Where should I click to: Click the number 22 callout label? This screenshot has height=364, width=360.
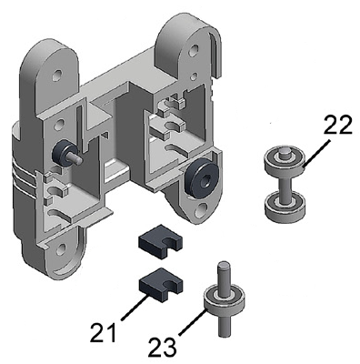pyautogui.click(x=337, y=124)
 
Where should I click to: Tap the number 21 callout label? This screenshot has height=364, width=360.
pyautogui.click(x=105, y=332)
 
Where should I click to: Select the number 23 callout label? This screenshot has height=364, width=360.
pyautogui.click(x=162, y=347)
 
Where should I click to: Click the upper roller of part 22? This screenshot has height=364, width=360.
pyautogui.click(x=285, y=160)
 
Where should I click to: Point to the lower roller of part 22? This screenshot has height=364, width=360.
pyautogui.click(x=285, y=207)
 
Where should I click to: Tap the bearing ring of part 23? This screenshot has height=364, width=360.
pyautogui.click(x=223, y=298)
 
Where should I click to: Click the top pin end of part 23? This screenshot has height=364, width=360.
pyautogui.click(x=224, y=265)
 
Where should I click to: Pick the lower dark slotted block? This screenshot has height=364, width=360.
pyautogui.click(x=161, y=285)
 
